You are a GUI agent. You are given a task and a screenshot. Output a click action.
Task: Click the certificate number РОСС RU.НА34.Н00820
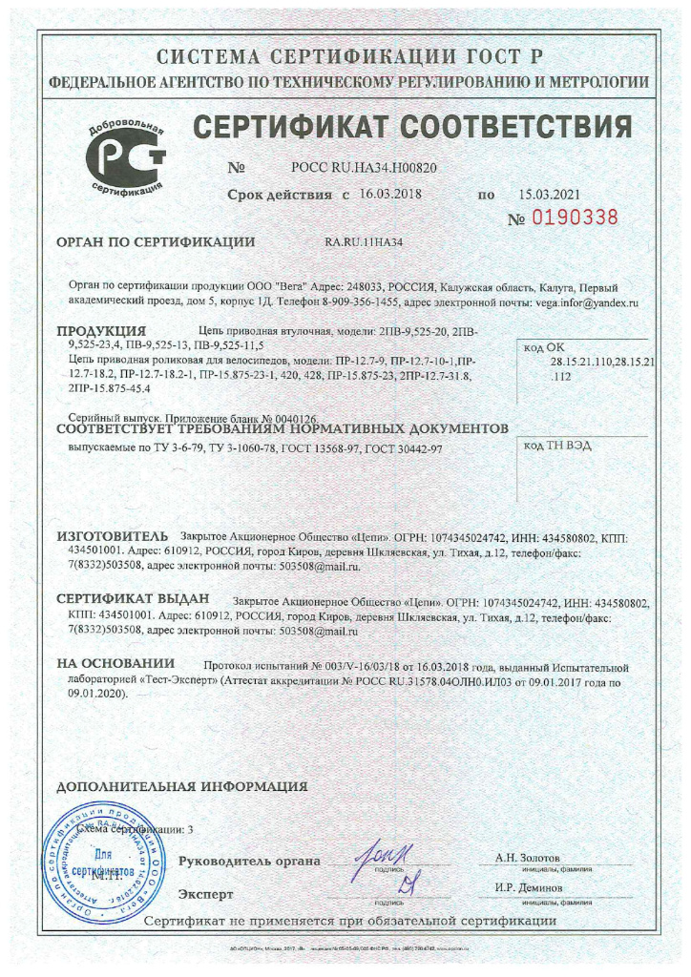tap(364, 167)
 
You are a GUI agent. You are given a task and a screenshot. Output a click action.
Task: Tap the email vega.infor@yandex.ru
tap(585, 301)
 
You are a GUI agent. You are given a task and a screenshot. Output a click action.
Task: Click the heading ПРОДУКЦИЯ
tap(94, 331)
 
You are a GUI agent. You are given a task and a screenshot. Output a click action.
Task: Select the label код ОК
tap(546, 349)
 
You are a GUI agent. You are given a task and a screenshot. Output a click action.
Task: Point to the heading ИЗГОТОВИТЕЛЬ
tap(113, 535)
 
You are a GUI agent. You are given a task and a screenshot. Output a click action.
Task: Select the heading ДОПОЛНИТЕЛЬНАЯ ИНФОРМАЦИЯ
tap(182, 787)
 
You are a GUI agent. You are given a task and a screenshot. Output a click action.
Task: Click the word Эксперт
tap(205, 895)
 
